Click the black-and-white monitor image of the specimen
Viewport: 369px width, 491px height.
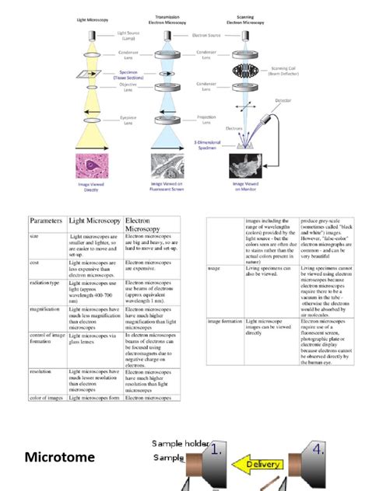pyautogui.click(x=251, y=165)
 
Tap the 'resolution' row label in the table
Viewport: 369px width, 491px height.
pyautogui.click(x=40, y=371)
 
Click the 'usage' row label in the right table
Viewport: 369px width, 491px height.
pyautogui.click(x=215, y=268)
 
